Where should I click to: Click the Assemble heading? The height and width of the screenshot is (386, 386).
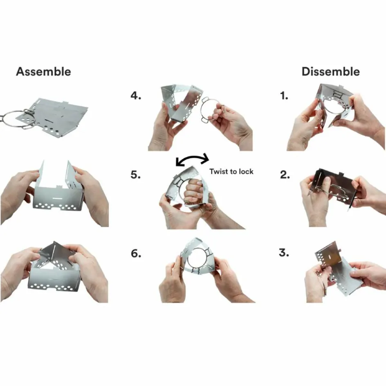pyautogui.click(x=44, y=72)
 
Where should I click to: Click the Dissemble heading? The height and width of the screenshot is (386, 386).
pyautogui.click(x=331, y=72)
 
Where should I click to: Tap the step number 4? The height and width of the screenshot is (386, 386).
pyautogui.click(x=136, y=96)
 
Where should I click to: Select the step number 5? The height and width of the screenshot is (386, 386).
pyautogui.click(x=136, y=175)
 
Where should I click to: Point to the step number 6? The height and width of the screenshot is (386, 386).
pyautogui.click(x=136, y=254)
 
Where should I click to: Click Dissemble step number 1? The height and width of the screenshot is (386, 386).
pyautogui.click(x=284, y=96)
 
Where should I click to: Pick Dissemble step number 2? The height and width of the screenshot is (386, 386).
pyautogui.click(x=285, y=175)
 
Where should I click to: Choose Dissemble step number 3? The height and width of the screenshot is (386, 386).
pyautogui.click(x=284, y=253)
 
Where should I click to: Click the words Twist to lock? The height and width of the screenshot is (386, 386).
pyautogui.click(x=231, y=171)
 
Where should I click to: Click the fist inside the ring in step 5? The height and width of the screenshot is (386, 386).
pyautogui.click(x=194, y=190)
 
